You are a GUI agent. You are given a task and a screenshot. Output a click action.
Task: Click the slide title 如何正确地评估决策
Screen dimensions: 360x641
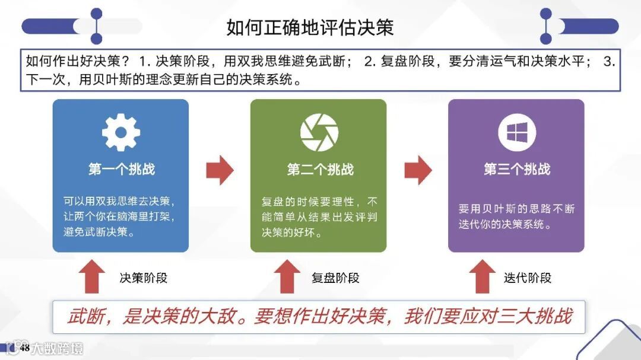pyautogui.click(x=310, y=27)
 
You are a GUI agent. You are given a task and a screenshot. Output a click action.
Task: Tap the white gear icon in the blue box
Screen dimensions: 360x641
pyautogui.click(x=120, y=132)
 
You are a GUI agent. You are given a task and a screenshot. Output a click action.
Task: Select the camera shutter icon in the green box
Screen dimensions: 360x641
pyautogui.click(x=319, y=132)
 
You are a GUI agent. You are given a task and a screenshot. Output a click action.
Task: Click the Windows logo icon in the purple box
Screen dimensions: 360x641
pyautogui.click(x=516, y=132)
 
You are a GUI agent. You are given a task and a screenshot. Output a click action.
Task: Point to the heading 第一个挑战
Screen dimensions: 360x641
pyautogui.click(x=121, y=169)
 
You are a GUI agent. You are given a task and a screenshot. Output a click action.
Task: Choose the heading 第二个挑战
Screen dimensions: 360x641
pyautogui.click(x=319, y=170)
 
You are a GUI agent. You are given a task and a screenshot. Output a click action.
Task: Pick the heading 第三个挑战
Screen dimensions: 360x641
pyautogui.click(x=516, y=170)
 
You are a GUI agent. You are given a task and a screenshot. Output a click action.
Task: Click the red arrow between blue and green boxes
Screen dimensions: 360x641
pyautogui.click(x=220, y=170)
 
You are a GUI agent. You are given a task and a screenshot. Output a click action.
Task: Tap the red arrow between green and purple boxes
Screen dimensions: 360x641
pyautogui.click(x=418, y=170)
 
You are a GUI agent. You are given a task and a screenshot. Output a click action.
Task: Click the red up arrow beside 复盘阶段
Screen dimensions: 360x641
pyautogui.click(x=288, y=276)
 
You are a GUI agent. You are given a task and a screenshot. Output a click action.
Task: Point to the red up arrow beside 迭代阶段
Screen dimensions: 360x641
pyautogui.click(x=482, y=276)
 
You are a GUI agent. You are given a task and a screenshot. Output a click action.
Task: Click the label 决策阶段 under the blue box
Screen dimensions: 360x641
pyautogui.click(x=144, y=278)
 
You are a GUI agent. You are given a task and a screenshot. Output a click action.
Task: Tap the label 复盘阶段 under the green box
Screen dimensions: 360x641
pyautogui.click(x=335, y=278)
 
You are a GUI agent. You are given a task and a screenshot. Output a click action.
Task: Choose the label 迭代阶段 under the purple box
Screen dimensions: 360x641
pyautogui.click(x=528, y=278)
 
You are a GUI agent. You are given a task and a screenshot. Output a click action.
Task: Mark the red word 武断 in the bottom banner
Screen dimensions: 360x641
pyautogui.click(x=83, y=317)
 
